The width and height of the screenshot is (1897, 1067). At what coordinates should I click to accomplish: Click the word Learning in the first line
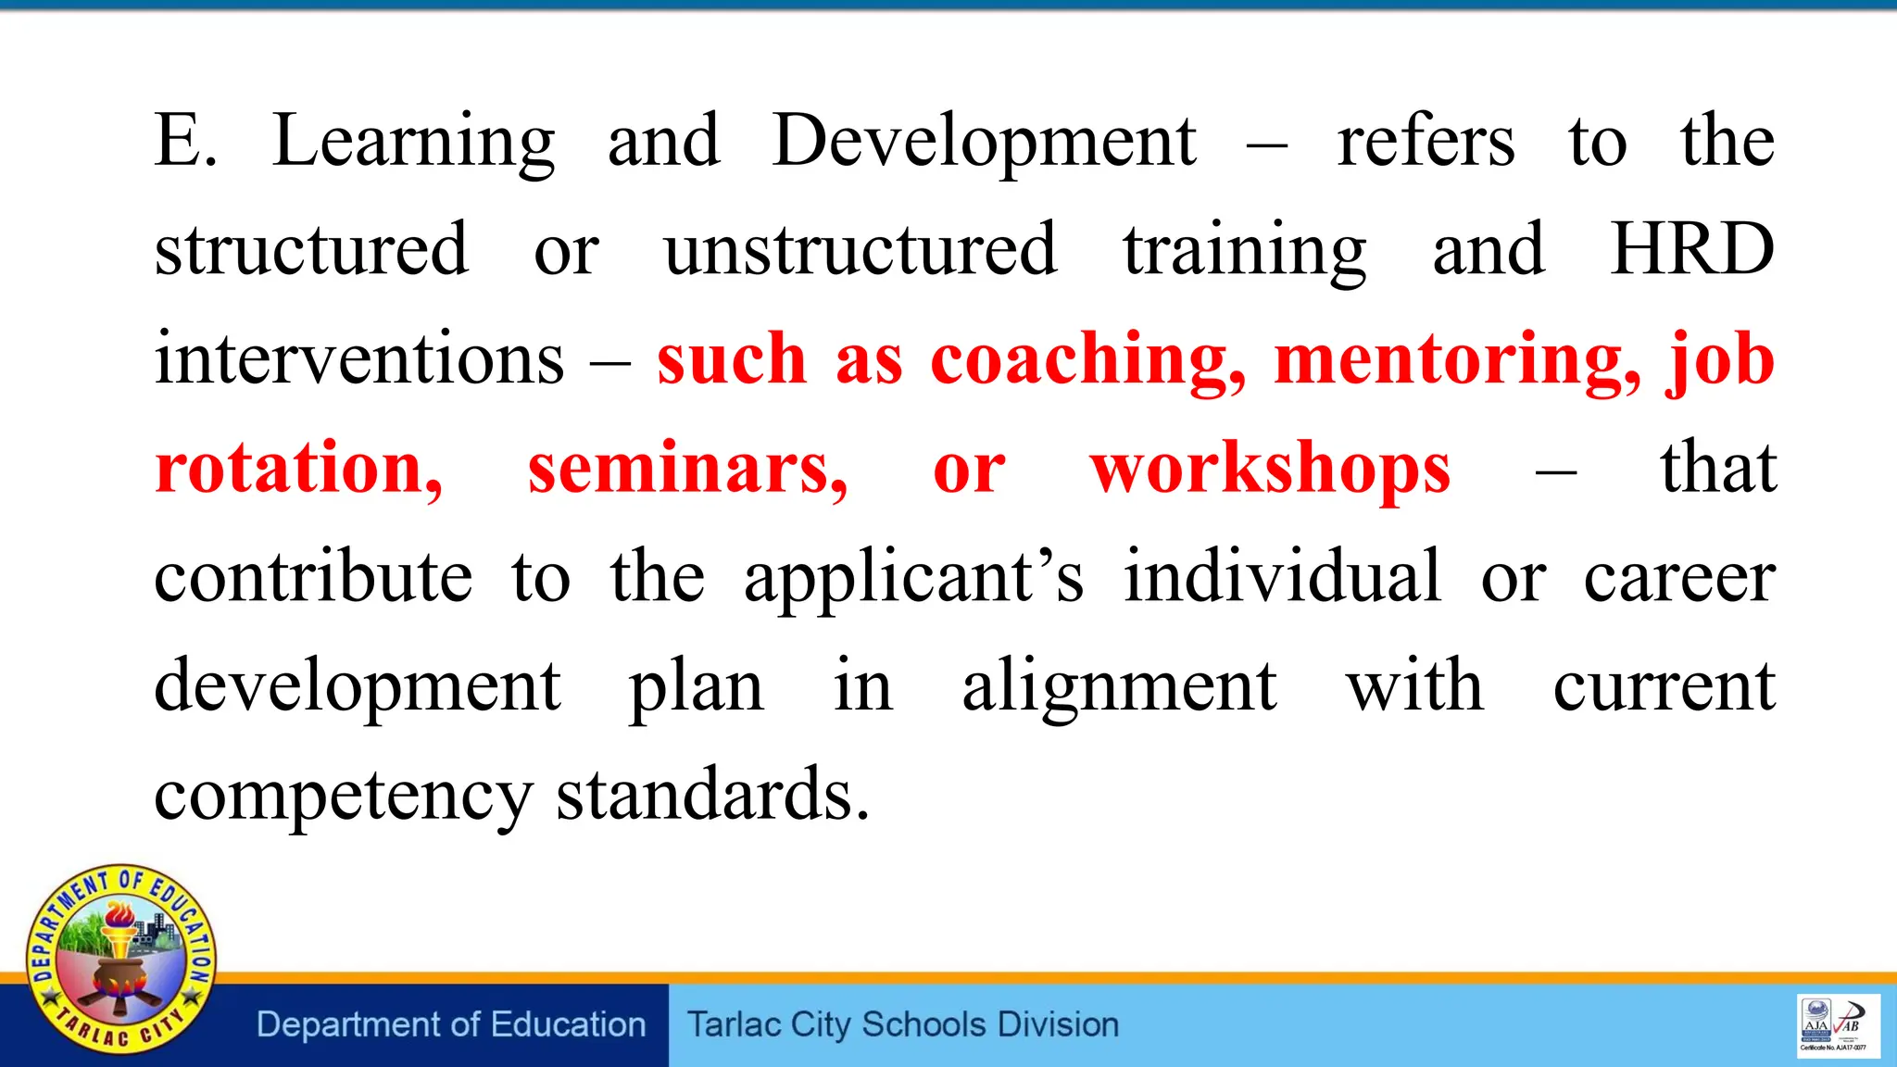tap(413, 142)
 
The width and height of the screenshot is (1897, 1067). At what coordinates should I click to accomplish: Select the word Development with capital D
tap(984, 142)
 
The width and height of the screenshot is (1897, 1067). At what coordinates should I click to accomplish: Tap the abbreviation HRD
tap(1691, 250)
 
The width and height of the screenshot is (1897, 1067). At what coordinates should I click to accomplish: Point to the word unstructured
tap(861, 250)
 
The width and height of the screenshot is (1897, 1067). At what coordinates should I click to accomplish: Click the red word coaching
tap(1087, 360)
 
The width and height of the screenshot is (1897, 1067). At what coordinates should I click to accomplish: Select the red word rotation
tap(298, 469)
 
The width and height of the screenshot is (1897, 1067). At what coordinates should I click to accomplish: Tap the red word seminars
tap(687, 469)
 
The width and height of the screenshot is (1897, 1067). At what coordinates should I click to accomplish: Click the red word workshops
tap(1269, 469)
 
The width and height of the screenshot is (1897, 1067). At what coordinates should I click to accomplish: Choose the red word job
tap(1720, 360)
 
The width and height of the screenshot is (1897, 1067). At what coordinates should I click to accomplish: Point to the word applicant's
tap(913, 578)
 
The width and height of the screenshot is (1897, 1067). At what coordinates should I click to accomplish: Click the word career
tap(1678, 578)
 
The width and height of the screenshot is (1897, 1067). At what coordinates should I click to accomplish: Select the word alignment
tap(1119, 686)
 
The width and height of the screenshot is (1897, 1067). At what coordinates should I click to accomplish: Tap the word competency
tap(343, 796)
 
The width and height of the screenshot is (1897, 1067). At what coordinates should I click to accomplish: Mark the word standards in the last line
tap(712, 796)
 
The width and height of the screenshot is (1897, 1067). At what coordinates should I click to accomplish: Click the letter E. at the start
tap(185, 142)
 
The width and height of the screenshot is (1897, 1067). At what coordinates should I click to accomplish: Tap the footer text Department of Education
tap(451, 1025)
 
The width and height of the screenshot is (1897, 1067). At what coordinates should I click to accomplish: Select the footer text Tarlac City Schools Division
tap(903, 1025)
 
